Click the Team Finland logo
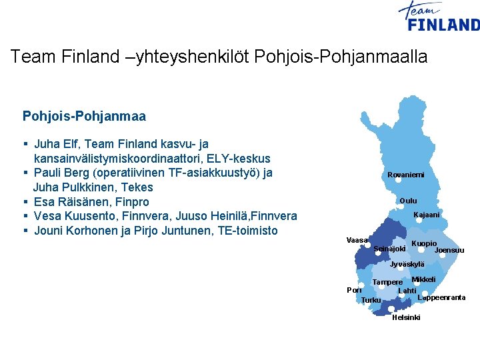click(438, 17)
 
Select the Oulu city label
click(408, 201)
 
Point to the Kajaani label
click(427, 215)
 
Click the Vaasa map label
click(357, 240)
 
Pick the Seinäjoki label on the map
click(389, 249)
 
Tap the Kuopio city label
click(424, 243)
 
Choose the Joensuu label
click(449, 251)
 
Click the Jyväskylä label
click(407, 265)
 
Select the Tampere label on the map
click(387, 282)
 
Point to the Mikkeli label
click(423, 279)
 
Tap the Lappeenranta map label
click(441, 297)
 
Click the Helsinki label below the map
click(406, 318)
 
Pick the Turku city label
click(371, 300)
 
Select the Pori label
click(354, 290)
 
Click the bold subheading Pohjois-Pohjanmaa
click(84, 117)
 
